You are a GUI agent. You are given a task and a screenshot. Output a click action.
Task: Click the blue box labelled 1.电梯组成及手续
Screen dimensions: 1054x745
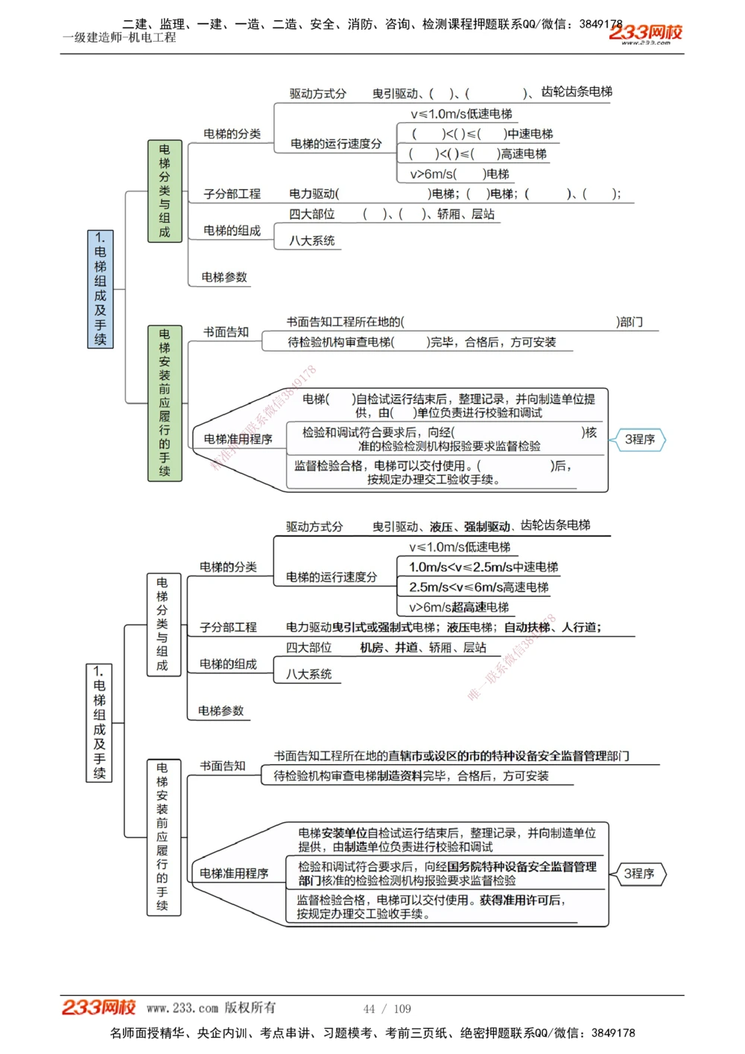(x=101, y=289)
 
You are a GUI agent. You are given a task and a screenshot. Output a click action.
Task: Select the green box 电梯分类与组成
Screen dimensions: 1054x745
(x=165, y=191)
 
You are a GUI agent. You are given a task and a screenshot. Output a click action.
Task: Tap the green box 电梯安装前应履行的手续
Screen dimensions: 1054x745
(x=165, y=402)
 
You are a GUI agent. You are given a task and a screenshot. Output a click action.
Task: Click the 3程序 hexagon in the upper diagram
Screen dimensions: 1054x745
(x=640, y=439)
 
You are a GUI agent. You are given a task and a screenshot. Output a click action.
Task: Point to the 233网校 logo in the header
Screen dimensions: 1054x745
(x=645, y=33)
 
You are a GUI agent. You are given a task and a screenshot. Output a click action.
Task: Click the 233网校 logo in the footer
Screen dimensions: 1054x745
(x=98, y=1008)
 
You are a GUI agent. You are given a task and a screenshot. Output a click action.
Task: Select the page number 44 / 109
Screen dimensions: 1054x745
(x=387, y=1009)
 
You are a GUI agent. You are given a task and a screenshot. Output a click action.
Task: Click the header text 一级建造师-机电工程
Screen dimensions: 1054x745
(x=120, y=37)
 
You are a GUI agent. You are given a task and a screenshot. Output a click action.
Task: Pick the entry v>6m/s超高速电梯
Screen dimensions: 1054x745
(x=459, y=607)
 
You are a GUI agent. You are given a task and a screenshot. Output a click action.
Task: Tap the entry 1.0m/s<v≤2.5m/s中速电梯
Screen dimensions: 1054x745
(x=484, y=567)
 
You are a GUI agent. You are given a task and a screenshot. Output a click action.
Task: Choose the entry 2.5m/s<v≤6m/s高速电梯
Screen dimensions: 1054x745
(x=478, y=587)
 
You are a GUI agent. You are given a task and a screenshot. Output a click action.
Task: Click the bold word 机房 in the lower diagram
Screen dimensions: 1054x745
(x=372, y=647)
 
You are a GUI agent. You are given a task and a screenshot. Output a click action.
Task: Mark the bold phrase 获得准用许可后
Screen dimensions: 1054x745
(x=521, y=900)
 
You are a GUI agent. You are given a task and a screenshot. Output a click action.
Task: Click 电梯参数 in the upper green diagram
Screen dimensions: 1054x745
(x=224, y=277)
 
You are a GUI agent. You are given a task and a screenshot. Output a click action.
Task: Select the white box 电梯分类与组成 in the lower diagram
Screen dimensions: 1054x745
(x=162, y=624)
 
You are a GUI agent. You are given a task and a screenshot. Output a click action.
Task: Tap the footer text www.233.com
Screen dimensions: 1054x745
(x=183, y=1008)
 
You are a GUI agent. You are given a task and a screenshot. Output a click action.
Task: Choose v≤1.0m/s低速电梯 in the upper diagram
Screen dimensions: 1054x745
(x=461, y=114)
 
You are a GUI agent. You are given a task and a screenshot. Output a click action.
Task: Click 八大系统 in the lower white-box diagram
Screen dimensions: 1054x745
(x=309, y=674)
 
